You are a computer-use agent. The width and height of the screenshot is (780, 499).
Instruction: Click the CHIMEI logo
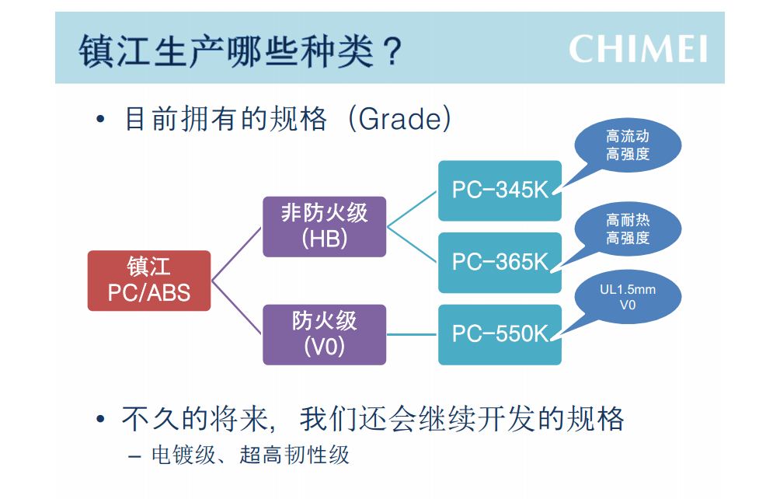pyautogui.click(x=639, y=49)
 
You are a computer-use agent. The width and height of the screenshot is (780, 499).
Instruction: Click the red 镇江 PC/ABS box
pyautogui.click(x=149, y=281)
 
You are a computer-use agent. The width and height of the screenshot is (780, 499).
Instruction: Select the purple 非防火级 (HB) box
pyautogui.click(x=324, y=226)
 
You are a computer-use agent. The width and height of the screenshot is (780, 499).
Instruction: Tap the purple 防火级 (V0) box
pyautogui.click(x=324, y=334)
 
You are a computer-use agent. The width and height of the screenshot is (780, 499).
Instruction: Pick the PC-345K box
pyautogui.click(x=500, y=190)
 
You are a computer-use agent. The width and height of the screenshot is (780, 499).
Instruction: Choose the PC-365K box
pyautogui.click(x=500, y=262)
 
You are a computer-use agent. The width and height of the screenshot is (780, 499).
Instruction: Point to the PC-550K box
pyautogui.click(x=500, y=334)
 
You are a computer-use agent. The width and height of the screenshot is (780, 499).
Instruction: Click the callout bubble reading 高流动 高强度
pyautogui.click(x=628, y=145)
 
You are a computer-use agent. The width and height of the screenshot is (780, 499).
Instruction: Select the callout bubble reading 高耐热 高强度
pyautogui.click(x=628, y=229)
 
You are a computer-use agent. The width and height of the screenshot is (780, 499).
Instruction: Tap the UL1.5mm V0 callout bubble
pyautogui.click(x=628, y=296)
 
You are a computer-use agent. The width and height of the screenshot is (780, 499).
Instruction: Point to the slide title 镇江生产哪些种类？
pyautogui.click(x=240, y=51)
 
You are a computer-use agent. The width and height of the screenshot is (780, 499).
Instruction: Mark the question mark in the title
pyautogui.click(x=392, y=51)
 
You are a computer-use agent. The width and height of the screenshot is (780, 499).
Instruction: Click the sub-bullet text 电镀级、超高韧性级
pyautogui.click(x=250, y=455)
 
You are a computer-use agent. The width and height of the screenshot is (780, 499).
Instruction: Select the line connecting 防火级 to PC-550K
pyautogui.click(x=412, y=334)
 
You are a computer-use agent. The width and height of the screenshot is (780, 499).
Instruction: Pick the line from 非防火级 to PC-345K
pyautogui.click(x=412, y=208)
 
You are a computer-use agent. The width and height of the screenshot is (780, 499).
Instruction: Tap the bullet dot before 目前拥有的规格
pyautogui.click(x=100, y=120)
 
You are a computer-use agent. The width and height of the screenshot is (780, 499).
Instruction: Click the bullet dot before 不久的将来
pyautogui.click(x=100, y=419)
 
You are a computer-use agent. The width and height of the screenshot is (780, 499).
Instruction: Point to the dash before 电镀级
pyautogui.click(x=134, y=455)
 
